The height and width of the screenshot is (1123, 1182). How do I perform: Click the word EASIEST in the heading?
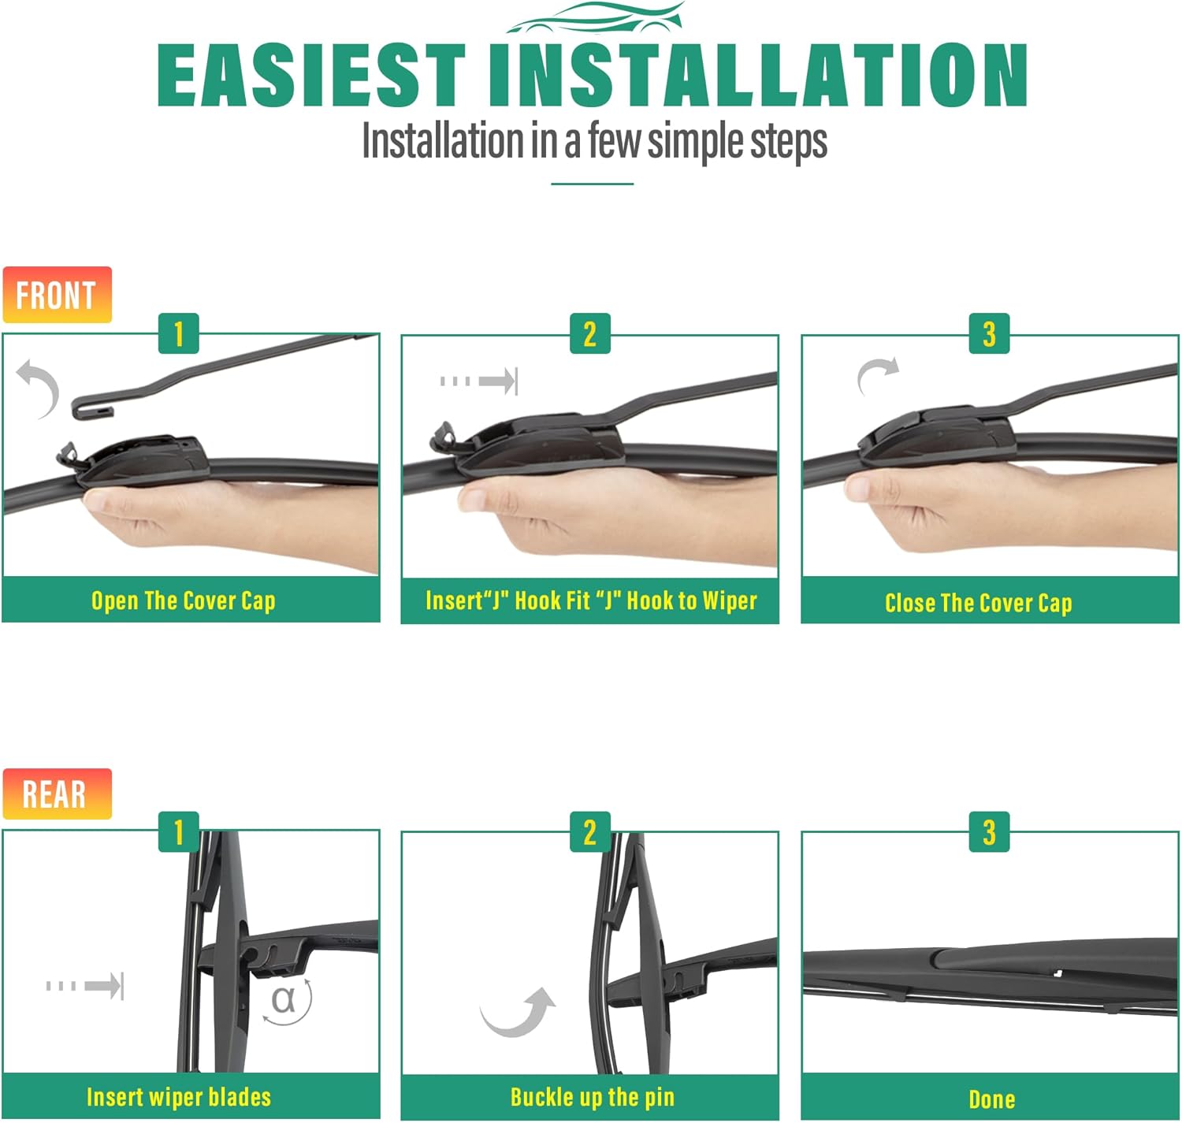pos(310,75)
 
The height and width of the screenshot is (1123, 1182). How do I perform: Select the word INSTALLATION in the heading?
pos(757,75)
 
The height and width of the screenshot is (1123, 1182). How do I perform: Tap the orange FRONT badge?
pos(57,295)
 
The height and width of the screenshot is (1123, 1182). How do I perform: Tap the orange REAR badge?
pos(57,794)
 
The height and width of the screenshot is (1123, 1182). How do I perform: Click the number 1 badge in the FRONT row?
pos(179,333)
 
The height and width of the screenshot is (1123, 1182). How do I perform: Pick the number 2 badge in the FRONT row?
pos(589,333)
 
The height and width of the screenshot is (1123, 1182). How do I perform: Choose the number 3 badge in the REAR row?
pos(989,832)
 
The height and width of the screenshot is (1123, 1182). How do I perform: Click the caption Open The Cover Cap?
pos(184,601)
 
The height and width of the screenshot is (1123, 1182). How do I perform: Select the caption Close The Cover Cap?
pos(978,603)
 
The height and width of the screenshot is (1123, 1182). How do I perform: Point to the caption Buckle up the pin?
pos(593,1096)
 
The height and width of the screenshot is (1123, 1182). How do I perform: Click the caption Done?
pos(992,1099)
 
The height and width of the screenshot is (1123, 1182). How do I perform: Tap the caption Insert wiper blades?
pos(179,1096)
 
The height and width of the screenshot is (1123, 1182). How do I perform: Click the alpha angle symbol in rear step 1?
pos(283,999)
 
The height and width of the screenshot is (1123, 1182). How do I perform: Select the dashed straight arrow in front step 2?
pos(479,381)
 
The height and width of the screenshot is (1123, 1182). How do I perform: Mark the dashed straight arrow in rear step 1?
pos(85,986)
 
